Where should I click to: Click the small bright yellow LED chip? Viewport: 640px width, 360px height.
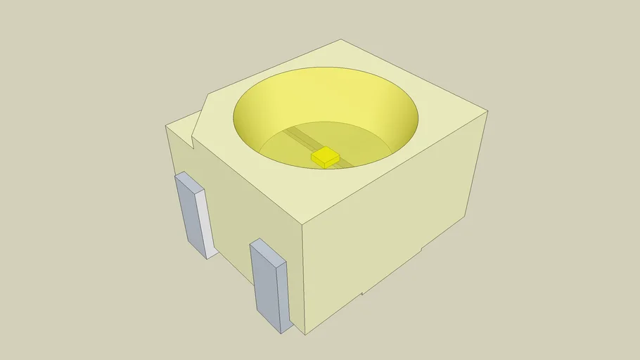pos(326,156)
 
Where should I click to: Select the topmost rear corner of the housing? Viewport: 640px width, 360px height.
pos(341,40)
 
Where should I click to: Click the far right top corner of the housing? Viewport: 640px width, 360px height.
pos(487,111)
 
